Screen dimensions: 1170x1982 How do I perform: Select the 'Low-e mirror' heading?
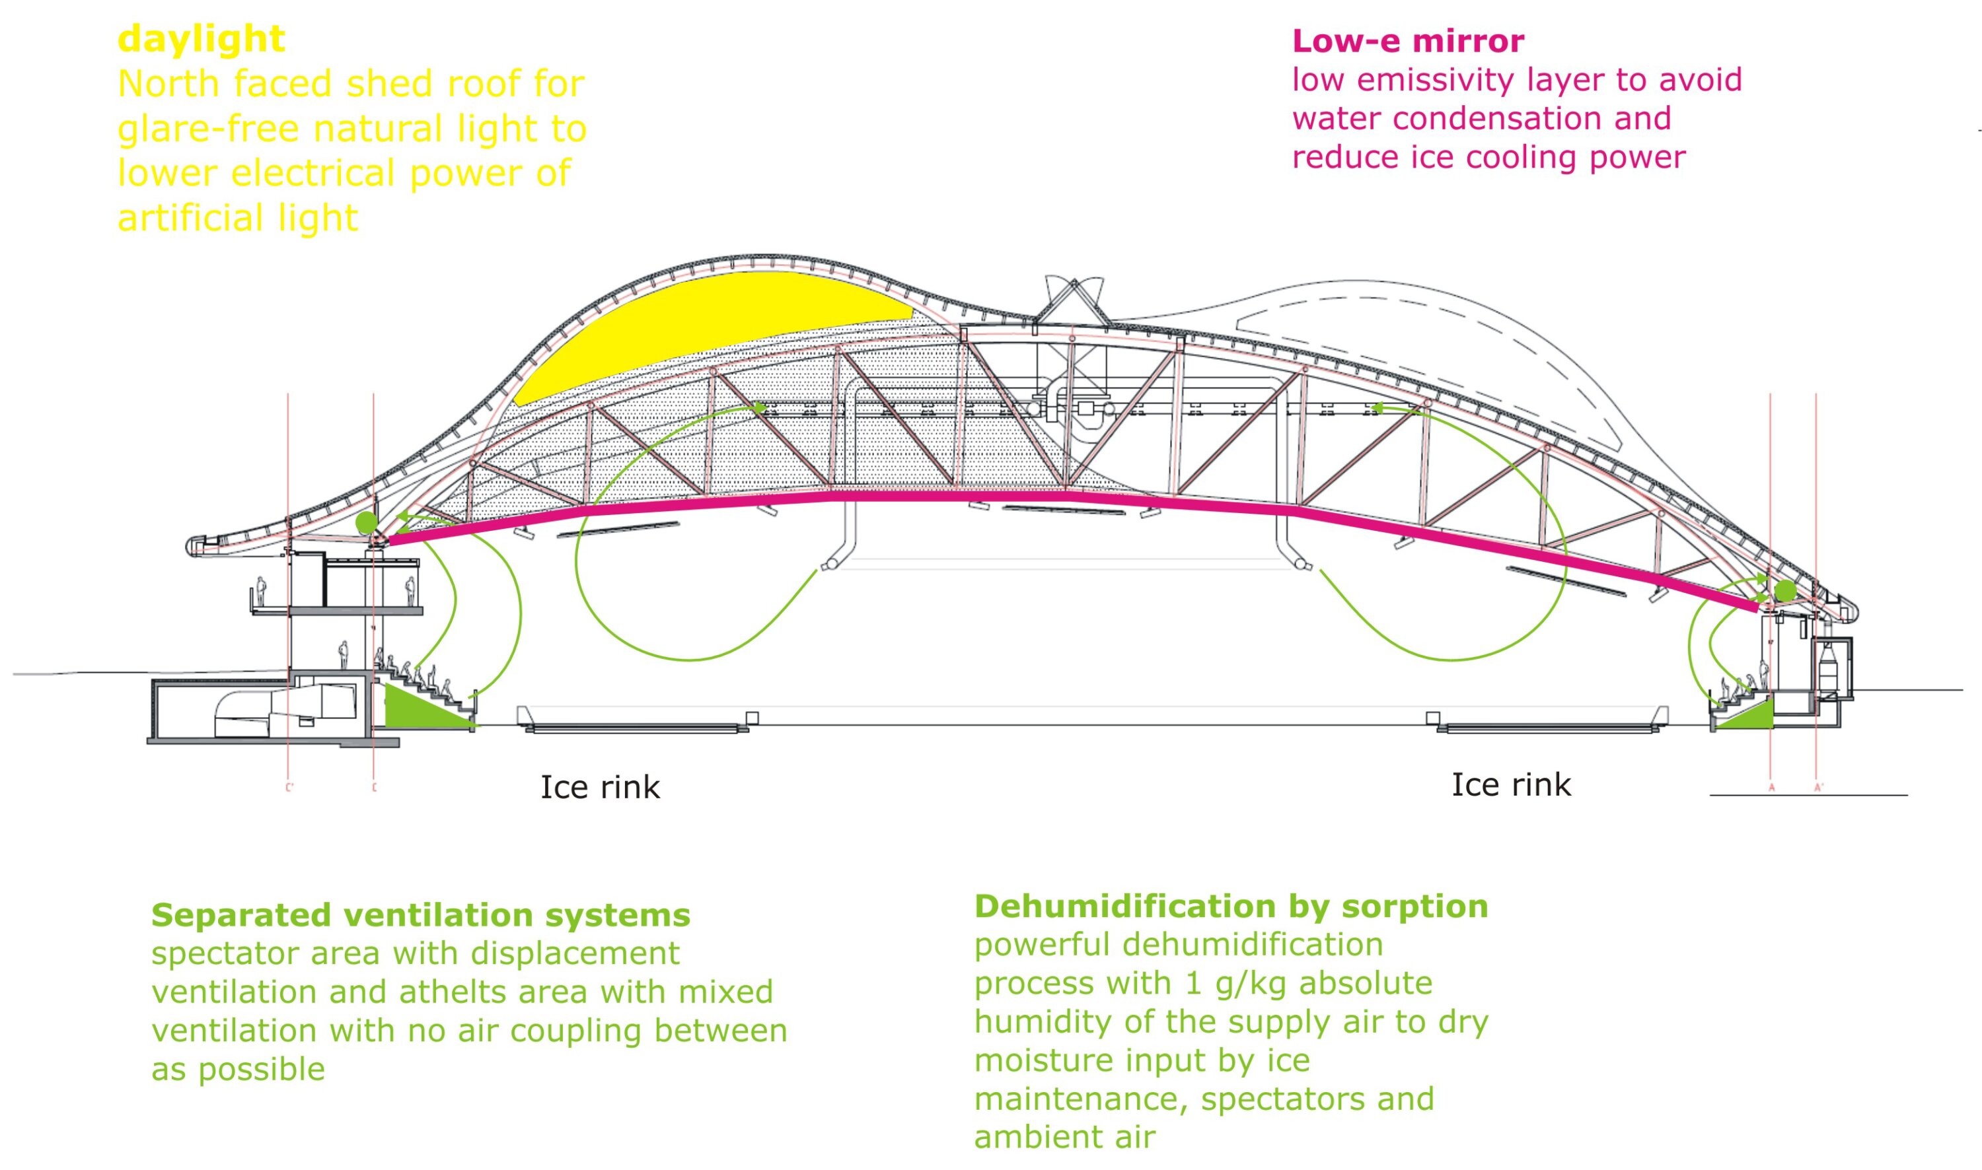click(1408, 41)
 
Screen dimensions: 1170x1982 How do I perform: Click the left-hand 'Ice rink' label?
click(599, 787)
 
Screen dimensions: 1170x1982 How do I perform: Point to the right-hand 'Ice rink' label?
click(1511, 784)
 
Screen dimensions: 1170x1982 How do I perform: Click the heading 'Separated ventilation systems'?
click(420, 915)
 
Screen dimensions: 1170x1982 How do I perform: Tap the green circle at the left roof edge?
click(366, 522)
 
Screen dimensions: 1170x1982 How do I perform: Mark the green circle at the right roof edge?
click(1785, 590)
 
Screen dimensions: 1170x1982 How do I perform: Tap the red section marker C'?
click(289, 787)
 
